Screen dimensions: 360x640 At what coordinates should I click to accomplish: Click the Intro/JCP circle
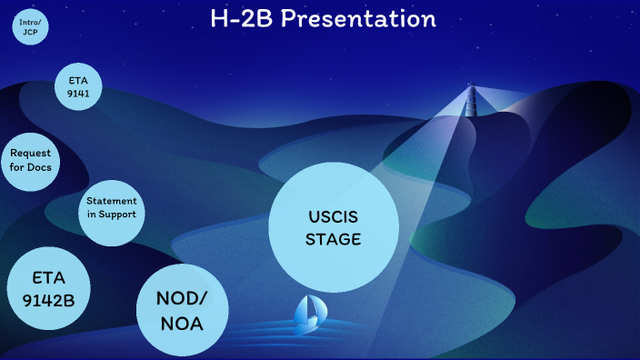[x=30, y=25]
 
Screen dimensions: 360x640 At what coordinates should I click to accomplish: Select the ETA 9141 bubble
[x=78, y=86]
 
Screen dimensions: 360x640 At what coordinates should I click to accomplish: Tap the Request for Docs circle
[x=31, y=161]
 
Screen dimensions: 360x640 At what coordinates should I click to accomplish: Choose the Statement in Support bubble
[x=111, y=207]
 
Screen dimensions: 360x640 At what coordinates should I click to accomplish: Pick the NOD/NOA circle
[x=182, y=310]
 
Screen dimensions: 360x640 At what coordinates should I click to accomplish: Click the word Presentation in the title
[x=358, y=18]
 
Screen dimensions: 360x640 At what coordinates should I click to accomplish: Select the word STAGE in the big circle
[x=333, y=239]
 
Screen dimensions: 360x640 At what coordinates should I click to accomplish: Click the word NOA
[x=182, y=323]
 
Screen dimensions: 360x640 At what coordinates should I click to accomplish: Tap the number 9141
[x=78, y=93]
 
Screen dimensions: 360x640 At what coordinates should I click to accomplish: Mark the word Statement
[x=111, y=201]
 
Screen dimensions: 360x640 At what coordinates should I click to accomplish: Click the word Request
[x=31, y=155]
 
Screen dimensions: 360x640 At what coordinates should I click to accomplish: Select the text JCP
[x=30, y=31]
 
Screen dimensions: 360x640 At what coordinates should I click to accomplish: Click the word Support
[x=116, y=215]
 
